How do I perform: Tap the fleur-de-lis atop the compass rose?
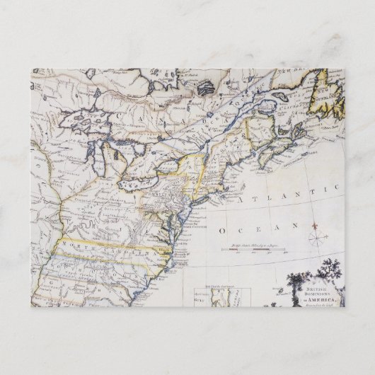[x=317, y=225]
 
